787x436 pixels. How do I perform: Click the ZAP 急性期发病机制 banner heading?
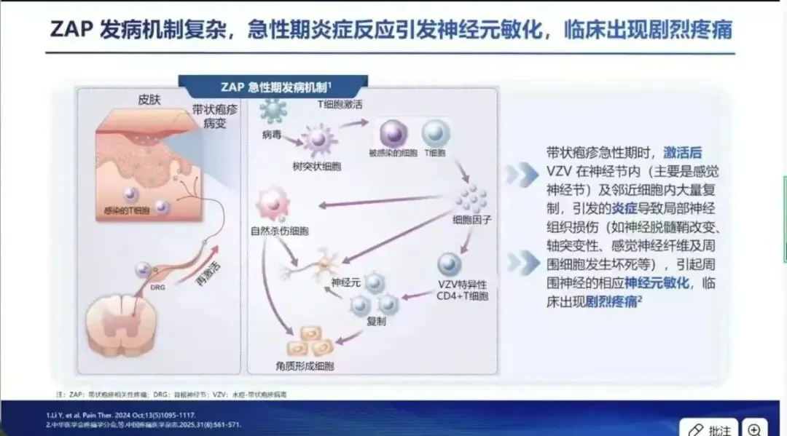point(273,86)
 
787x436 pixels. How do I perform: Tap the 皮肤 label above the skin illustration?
point(149,100)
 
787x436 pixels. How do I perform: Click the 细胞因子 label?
point(472,218)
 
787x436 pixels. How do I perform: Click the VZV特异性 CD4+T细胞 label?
point(461,290)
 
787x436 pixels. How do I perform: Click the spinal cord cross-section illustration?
point(117,331)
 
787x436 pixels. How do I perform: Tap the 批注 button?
point(710,428)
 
